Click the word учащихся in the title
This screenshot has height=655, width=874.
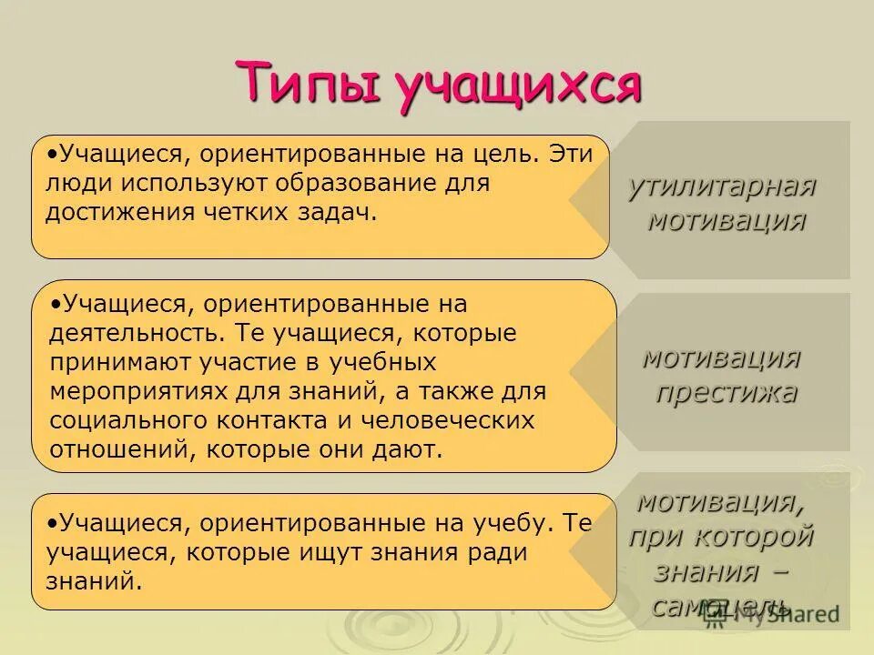click(519, 86)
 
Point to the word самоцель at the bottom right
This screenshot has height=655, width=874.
click(719, 605)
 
